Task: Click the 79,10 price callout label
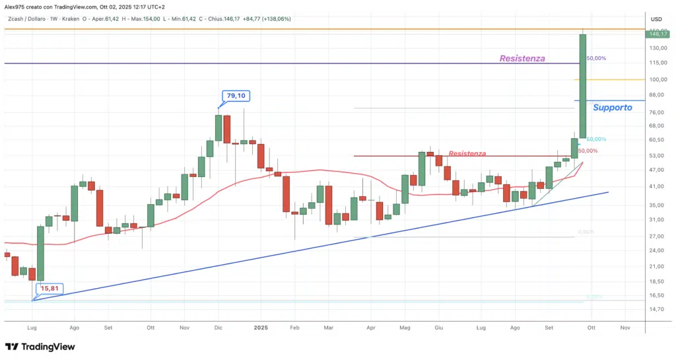236,96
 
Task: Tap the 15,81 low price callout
49,288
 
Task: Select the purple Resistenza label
522,58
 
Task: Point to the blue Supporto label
612,107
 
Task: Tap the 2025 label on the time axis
261,327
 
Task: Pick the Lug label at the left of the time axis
31,327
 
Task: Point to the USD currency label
656,18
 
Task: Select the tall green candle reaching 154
583,86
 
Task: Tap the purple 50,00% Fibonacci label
596,58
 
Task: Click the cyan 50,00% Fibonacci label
596,139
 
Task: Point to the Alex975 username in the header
16,6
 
